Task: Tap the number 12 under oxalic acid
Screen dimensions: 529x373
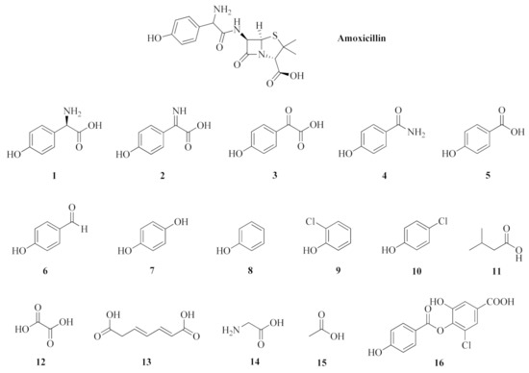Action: (30, 362)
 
